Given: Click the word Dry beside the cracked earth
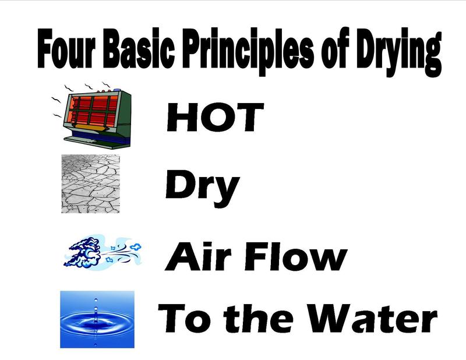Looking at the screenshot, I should click(202, 187).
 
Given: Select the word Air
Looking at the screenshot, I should click(198, 256).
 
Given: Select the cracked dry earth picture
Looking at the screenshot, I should click(90, 183).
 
